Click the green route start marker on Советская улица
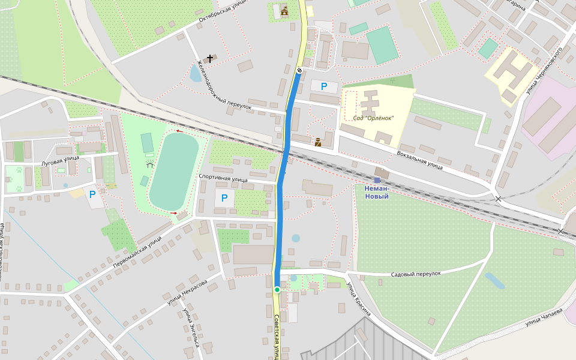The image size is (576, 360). pyautogui.click(x=277, y=290)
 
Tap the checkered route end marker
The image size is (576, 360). pyautogui.click(x=299, y=70)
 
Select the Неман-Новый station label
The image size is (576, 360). pyautogui.click(x=376, y=192)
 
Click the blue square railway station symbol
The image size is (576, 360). pyautogui.click(x=377, y=180)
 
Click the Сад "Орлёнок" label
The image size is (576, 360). pyautogui.click(x=373, y=118)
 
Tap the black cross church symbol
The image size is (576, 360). pyautogui.click(x=210, y=58)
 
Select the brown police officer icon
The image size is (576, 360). pyautogui.click(x=317, y=142)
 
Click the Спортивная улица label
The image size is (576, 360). pyautogui.click(x=223, y=179)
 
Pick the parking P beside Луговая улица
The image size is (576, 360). pyautogui.click(x=92, y=194)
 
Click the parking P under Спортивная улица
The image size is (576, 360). pyautogui.click(x=224, y=198)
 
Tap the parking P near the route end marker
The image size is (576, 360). pyautogui.click(x=324, y=86)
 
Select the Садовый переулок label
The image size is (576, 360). pyautogui.click(x=416, y=274)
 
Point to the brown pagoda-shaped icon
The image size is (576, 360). pyautogui.click(x=284, y=10)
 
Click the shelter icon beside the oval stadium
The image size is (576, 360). pyautogui.click(x=149, y=163)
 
